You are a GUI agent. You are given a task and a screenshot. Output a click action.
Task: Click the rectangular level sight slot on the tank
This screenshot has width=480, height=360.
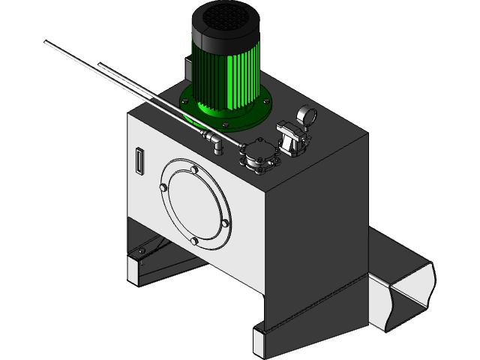pyautogui.click(x=138, y=161)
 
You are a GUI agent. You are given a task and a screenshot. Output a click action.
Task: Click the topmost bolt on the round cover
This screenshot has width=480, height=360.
pyautogui.click(x=194, y=170)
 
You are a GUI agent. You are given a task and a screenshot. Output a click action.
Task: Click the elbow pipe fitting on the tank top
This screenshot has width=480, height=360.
pyautogui.click(x=213, y=142)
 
